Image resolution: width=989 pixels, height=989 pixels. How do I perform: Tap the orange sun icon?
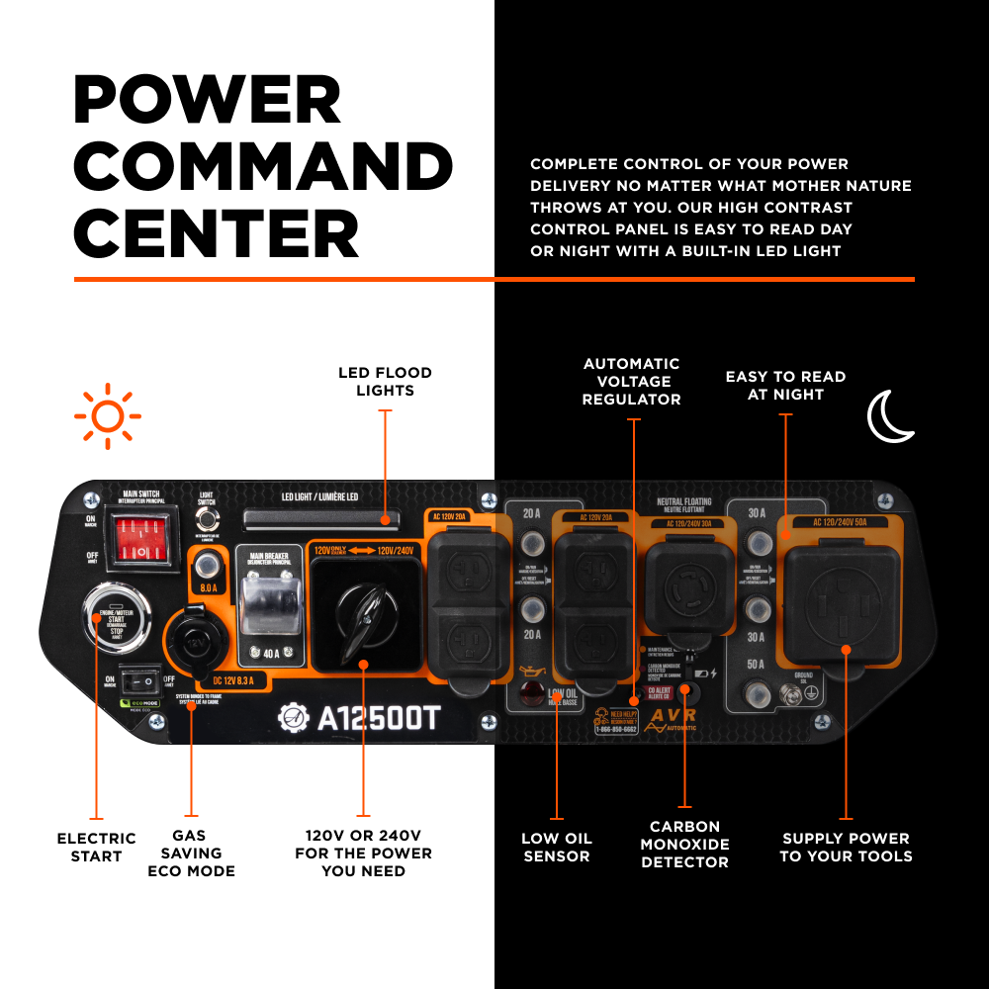point(107,415)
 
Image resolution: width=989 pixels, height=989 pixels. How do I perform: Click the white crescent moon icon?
point(890,415)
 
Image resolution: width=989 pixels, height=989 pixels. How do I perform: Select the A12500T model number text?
point(376,719)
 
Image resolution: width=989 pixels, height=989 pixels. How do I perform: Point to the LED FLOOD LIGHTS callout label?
point(385,382)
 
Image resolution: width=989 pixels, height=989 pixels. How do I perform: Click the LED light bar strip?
point(321,518)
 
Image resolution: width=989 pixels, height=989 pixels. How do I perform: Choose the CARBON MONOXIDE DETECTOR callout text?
point(684,845)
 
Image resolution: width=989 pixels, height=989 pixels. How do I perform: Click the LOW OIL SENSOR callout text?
point(557,848)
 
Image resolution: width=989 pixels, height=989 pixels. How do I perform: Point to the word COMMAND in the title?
point(263,167)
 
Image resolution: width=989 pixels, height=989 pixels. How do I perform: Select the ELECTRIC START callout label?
point(96,848)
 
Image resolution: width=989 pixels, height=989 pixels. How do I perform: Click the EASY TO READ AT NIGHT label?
point(785,385)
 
